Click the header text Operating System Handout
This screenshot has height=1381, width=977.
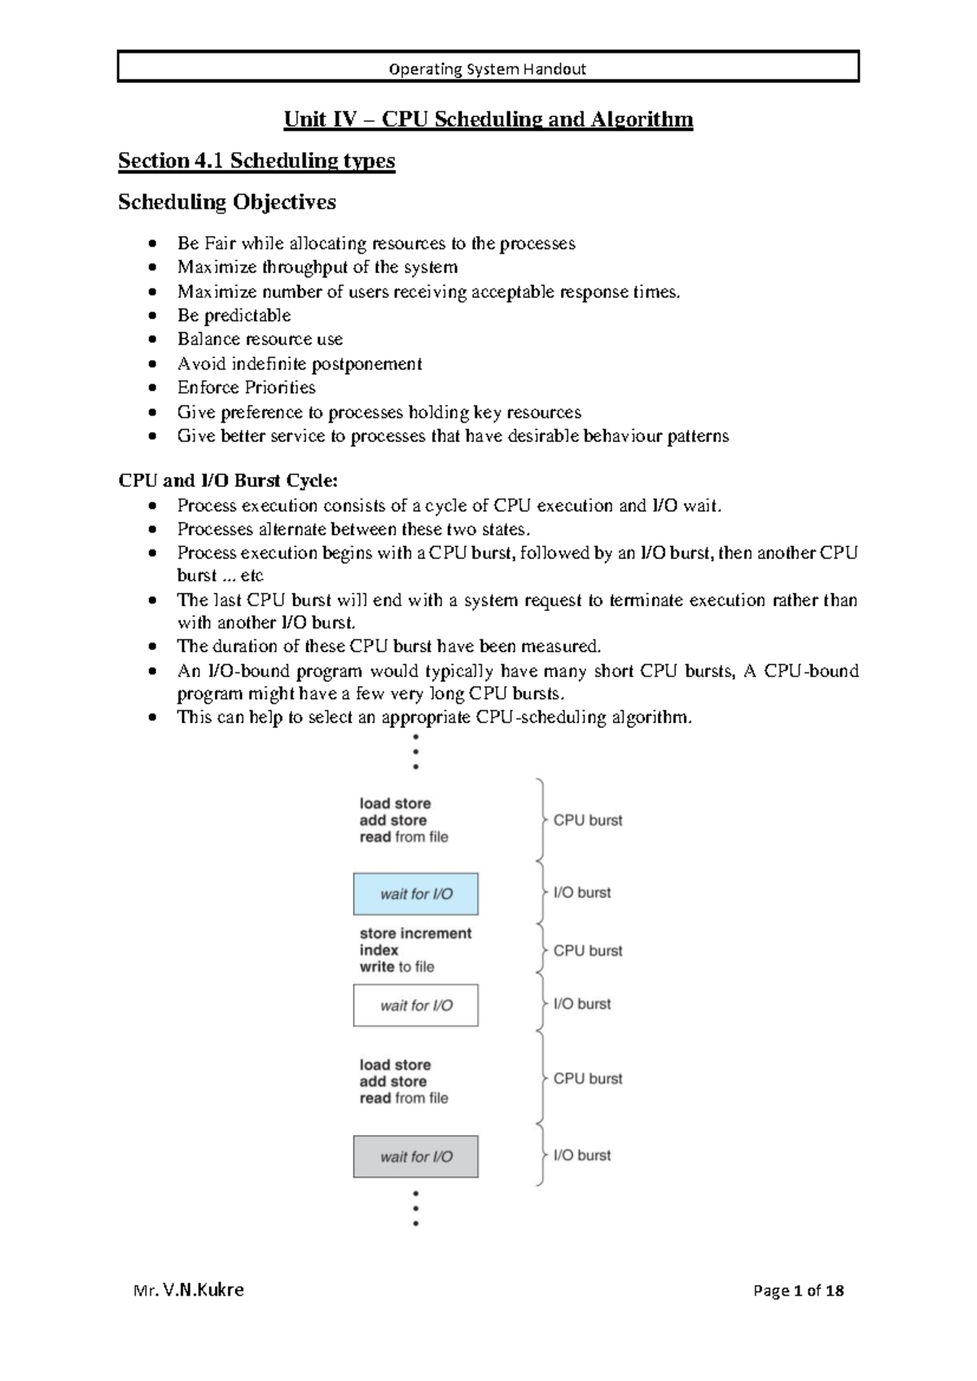pos(487,69)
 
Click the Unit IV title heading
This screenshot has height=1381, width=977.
pos(488,120)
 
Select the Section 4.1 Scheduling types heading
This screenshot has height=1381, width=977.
pos(256,160)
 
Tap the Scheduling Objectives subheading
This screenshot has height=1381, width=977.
pos(226,202)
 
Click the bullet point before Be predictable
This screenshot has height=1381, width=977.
pos(152,316)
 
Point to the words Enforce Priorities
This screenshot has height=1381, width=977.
pos(246,388)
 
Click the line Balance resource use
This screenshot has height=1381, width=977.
pos(260,340)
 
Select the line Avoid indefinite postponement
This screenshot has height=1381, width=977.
pos(299,364)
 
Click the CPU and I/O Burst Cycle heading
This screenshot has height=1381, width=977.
pos(228,480)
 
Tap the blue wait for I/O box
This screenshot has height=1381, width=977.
pos(415,894)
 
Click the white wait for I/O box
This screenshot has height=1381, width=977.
pos(415,1006)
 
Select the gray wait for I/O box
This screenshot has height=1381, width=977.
pos(415,1157)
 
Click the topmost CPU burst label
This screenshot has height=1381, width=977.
pos(587,821)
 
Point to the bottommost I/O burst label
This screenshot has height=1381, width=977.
pos(581,1155)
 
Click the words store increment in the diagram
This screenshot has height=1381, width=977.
pos(415,934)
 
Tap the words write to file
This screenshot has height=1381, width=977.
pos(396,967)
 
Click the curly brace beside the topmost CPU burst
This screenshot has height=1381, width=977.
pos(540,820)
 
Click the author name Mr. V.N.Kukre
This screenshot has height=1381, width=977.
pos(189,1290)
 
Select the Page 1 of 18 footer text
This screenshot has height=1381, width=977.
pos(798,1291)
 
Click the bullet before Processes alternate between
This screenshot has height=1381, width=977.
pos(152,530)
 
